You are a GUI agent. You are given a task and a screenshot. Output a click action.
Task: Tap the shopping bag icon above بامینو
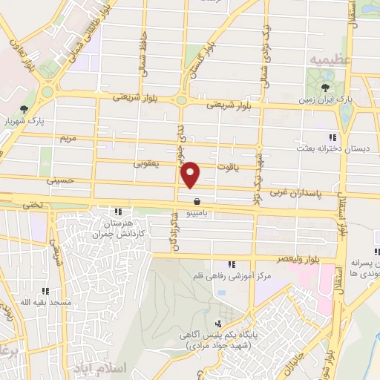197,200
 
